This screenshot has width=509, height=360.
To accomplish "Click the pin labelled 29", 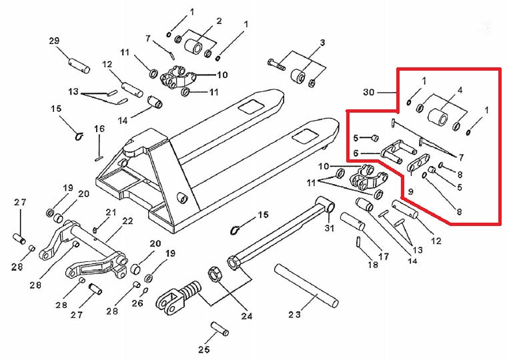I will (x=78, y=65).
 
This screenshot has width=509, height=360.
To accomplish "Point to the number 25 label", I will (x=204, y=349).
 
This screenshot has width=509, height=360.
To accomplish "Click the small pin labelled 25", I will (x=219, y=329).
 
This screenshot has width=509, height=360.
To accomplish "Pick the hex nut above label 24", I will (x=215, y=273).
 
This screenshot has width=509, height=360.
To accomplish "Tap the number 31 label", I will (x=328, y=229).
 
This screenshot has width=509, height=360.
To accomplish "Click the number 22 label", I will (x=127, y=221).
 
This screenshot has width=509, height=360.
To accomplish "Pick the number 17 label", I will (x=384, y=256).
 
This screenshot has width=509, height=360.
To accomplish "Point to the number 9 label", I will (x=410, y=191).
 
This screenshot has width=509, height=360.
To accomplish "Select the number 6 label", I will (x=356, y=153).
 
